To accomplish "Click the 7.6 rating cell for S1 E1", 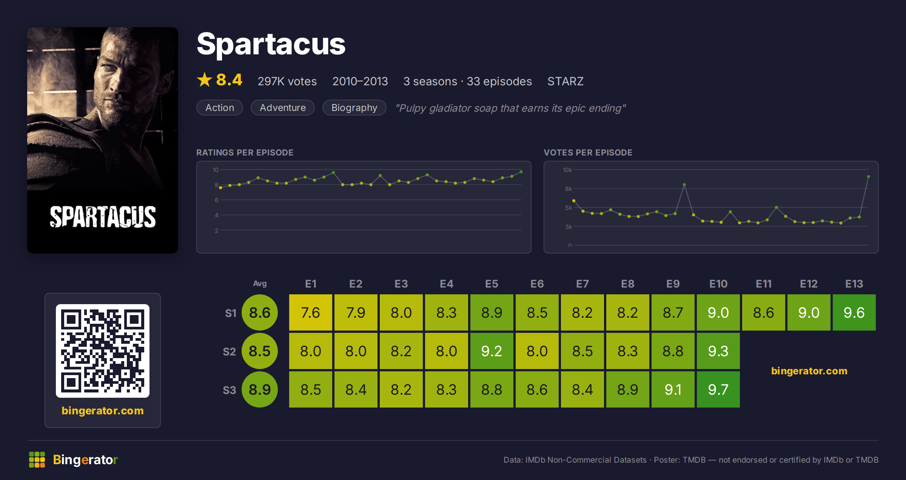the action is (311, 312).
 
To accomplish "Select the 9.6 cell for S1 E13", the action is (854, 312).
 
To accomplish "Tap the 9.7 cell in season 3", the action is (718, 389).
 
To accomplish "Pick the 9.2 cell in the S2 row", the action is (492, 351).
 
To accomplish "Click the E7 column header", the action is (582, 284).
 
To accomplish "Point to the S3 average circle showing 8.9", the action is (260, 389).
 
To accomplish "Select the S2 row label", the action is (230, 352).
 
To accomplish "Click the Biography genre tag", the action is (354, 108).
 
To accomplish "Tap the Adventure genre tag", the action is (283, 108).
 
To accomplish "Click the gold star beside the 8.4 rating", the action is (205, 80).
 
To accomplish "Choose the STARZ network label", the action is (565, 81).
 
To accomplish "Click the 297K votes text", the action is (287, 81).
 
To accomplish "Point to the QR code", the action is (103, 351).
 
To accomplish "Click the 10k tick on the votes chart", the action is (567, 170).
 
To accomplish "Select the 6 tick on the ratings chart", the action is (217, 200).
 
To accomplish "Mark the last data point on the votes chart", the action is (869, 177).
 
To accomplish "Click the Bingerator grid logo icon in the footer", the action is (37, 460).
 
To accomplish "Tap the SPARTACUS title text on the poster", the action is (103, 217).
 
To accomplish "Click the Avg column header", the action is (260, 283).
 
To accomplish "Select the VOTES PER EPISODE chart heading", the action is (588, 152).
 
